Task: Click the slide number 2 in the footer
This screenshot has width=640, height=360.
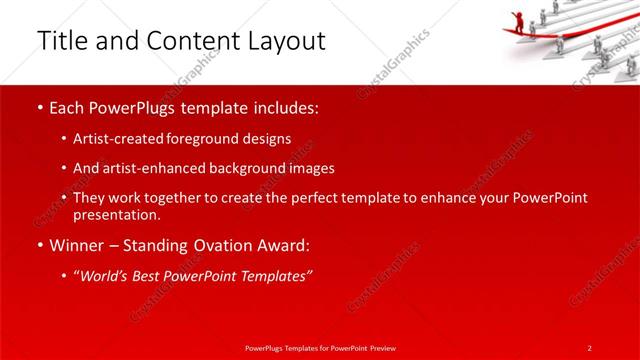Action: click(x=590, y=347)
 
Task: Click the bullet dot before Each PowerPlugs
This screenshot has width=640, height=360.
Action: click(x=39, y=108)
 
